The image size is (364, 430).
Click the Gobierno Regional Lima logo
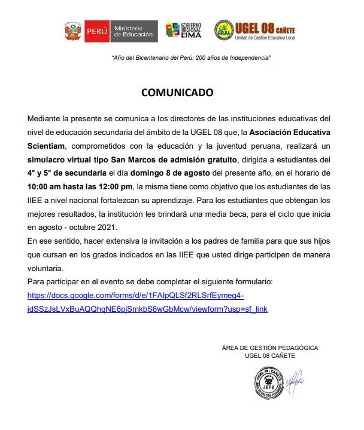tap(184, 30)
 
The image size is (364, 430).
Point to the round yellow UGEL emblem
tap(225, 30)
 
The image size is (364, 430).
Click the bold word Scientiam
tap(48, 145)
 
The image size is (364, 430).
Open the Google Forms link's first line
tap(136, 296)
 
